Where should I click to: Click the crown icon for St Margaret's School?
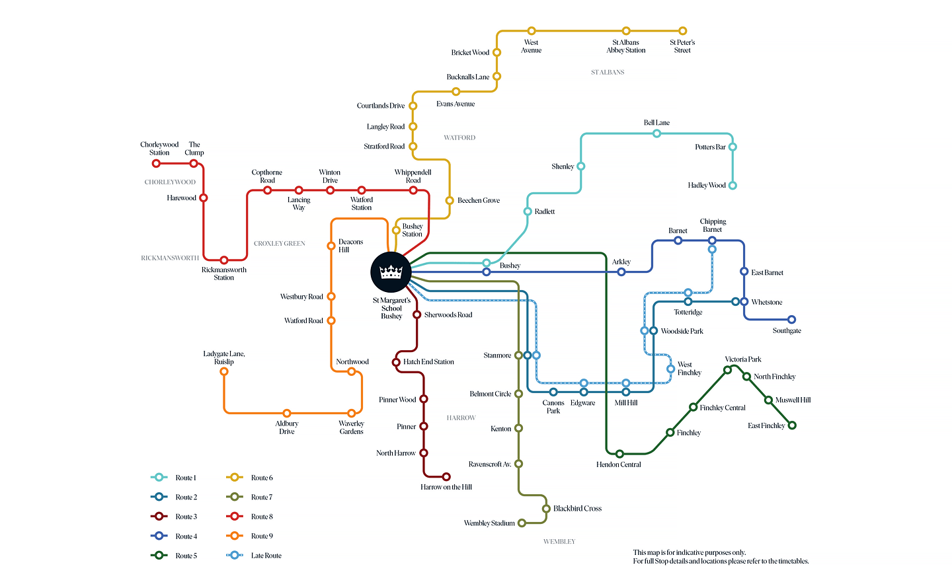click(391, 272)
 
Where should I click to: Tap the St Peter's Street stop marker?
click(683, 31)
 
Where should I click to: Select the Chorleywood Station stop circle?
click(156, 163)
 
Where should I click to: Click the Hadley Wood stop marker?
click(733, 186)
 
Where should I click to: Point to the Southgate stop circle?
click(791, 320)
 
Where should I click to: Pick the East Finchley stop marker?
click(792, 425)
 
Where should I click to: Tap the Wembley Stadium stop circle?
click(522, 523)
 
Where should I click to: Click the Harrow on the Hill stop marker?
click(446, 476)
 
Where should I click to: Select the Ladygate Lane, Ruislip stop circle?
click(224, 371)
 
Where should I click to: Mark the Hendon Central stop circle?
click(619, 454)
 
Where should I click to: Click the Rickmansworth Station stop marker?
click(224, 260)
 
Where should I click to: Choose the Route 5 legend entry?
click(175, 556)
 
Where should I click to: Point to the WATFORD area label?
click(459, 137)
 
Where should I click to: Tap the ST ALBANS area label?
click(608, 72)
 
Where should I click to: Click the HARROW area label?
click(461, 418)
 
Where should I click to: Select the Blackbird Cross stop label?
click(577, 509)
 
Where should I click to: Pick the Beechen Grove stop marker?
click(450, 200)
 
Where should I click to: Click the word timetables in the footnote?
click(790, 562)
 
